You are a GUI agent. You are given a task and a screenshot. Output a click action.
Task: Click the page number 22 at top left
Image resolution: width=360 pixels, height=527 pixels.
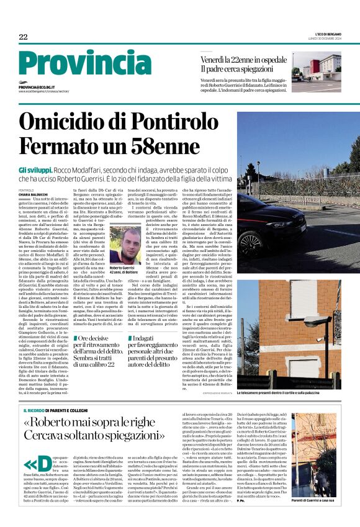[x=23, y=37]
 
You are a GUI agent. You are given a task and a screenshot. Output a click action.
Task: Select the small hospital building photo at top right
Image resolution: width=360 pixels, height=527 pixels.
[x=317, y=71]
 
